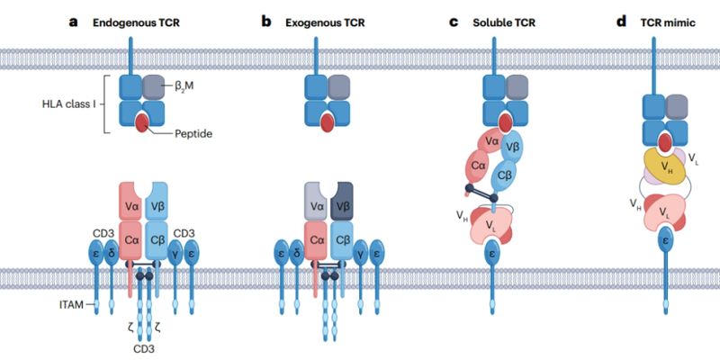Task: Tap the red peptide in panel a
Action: [144, 122]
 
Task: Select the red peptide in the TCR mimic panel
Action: [665, 142]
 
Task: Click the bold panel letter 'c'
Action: [454, 19]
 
